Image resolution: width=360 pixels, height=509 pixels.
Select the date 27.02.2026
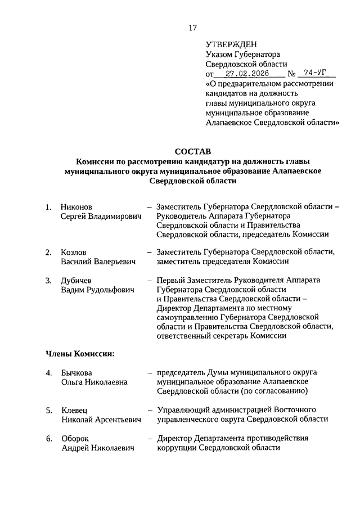[x=247, y=73]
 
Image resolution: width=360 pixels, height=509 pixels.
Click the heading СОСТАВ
[x=192, y=151]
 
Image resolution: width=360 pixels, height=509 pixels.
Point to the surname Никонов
[x=76, y=206]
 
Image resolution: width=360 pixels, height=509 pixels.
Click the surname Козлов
[x=74, y=251]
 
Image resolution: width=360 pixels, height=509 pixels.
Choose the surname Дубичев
[x=76, y=280]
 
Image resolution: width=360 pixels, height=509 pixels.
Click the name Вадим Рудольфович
[x=97, y=290]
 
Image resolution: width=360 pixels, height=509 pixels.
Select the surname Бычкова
[x=76, y=373]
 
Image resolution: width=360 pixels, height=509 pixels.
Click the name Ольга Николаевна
[x=94, y=382]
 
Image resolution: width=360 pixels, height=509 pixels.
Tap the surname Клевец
[x=74, y=410]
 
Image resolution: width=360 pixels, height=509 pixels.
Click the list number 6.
[x=49, y=438]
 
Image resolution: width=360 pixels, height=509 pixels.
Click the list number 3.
[x=49, y=280]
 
